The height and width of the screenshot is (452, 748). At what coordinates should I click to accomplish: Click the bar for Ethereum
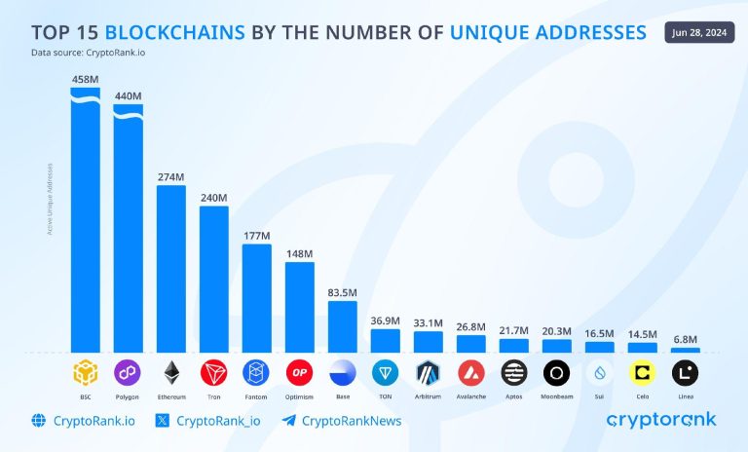170,268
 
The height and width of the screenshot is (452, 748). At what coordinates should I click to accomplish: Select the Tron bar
213,279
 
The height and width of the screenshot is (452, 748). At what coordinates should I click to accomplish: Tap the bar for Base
342,326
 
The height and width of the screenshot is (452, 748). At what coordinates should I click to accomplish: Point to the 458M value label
85,77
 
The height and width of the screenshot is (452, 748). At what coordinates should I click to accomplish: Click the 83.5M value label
342,291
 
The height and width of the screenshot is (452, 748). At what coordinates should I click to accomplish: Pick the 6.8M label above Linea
685,338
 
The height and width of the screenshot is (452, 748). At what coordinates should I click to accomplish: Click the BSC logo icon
85,372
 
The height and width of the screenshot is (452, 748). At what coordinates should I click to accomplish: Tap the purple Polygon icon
128,372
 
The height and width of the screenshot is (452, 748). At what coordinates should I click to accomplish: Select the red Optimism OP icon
299,372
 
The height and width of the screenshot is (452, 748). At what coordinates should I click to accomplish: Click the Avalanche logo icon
470,372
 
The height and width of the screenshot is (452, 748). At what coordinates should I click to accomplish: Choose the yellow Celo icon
642,372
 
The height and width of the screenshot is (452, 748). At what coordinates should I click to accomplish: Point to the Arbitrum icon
428,372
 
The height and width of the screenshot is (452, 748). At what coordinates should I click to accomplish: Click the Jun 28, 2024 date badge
701,31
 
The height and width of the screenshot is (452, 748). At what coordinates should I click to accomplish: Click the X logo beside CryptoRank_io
163,421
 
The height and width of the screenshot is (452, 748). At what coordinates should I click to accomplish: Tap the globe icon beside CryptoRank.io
38,421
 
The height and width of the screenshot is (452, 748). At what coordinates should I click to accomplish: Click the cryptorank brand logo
661,420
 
